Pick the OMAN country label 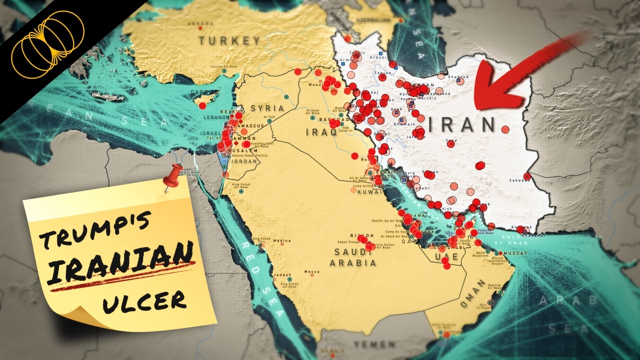click(472, 294)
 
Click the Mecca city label click(311, 272)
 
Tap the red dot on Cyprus click(202, 106)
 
